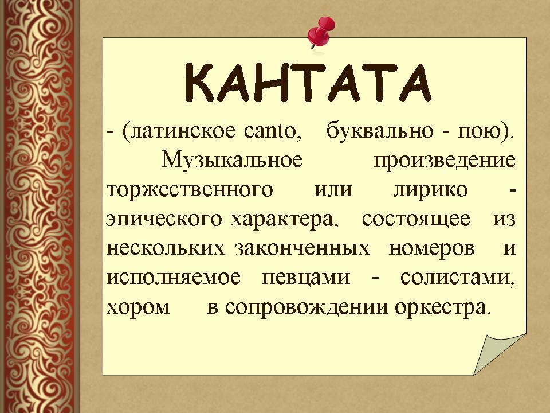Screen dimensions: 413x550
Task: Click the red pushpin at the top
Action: coord(320,31)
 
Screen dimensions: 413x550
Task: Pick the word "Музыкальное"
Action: coord(231,160)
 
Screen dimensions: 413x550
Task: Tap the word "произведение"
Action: coord(445,160)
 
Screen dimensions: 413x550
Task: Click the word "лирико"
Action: coord(430,190)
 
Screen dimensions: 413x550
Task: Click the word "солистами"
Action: coord(457,278)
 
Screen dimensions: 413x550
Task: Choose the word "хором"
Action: coord(138,307)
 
